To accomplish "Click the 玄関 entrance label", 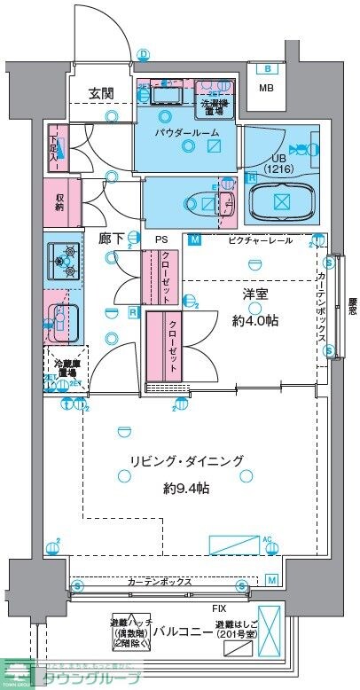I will pyautogui.click(x=100, y=93).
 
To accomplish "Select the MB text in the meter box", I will pyautogui.click(x=265, y=88).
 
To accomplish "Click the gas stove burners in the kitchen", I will pyautogui.click(x=63, y=261).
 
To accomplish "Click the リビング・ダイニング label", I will pyautogui.click(x=185, y=461).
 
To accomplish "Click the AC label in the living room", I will pyautogui.click(x=265, y=538).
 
